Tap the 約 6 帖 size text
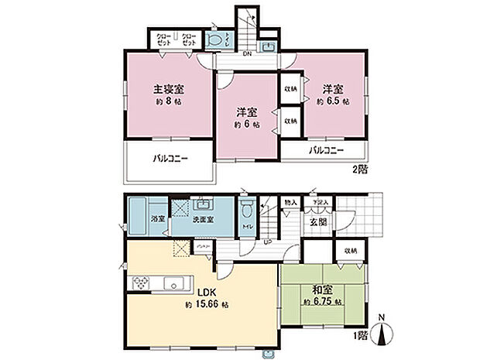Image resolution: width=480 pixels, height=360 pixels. pos(247,124)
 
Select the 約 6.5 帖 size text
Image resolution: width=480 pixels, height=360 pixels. pos(335,101)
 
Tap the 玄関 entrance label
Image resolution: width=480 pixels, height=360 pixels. pos(317,223)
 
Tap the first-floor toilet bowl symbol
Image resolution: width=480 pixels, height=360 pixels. pos(247,210)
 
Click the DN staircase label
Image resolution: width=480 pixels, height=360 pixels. pos(247,55)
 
